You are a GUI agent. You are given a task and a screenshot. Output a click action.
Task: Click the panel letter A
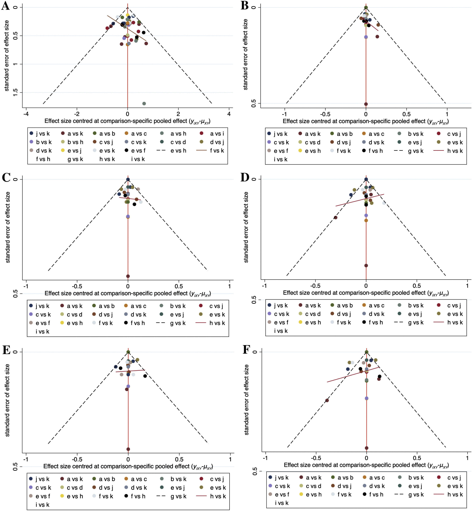(x=6, y=6)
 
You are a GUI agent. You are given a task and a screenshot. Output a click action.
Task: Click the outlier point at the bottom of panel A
(x=144, y=103)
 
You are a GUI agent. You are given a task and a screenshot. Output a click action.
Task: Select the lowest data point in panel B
(x=366, y=104)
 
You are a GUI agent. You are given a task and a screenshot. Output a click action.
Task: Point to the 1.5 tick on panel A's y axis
(x=15, y=93)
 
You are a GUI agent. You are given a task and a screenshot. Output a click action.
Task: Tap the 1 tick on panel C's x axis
(x=229, y=286)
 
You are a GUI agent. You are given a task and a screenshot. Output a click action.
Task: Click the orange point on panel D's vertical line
(x=366, y=220)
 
